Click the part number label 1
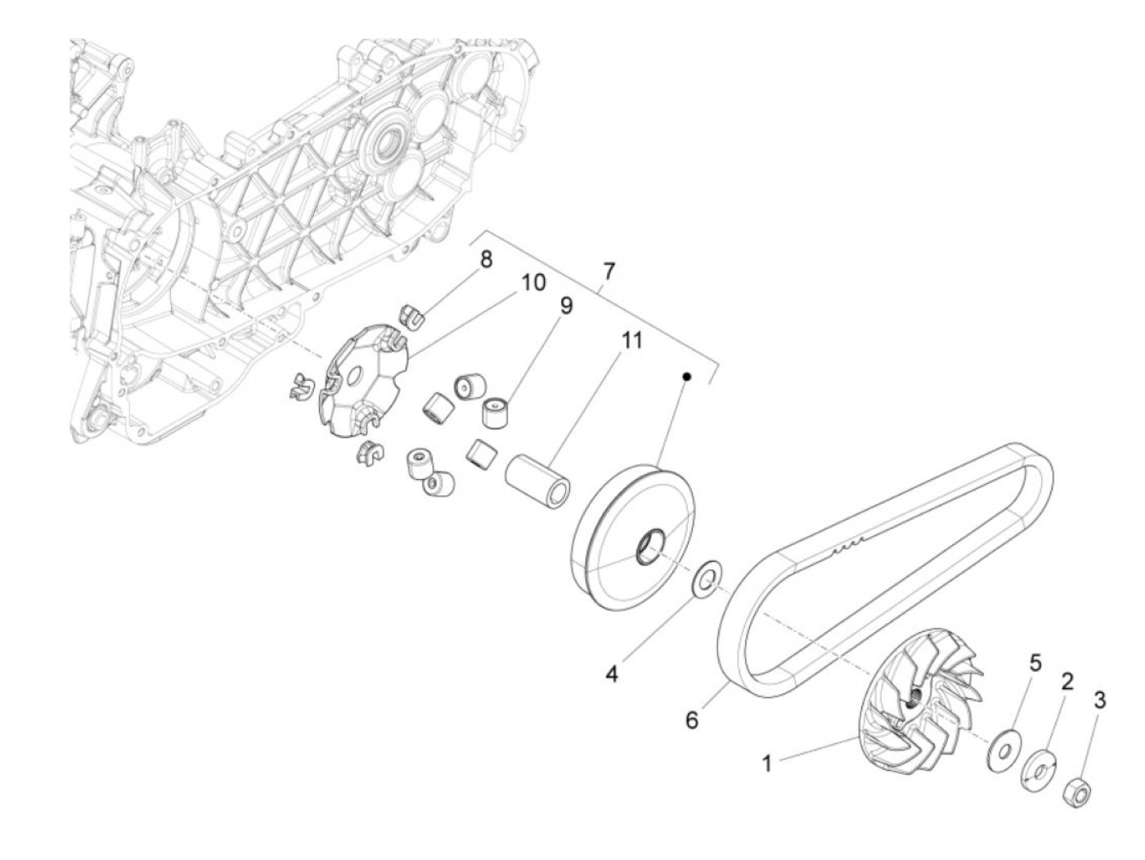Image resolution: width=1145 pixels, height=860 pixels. pyautogui.click(x=767, y=764)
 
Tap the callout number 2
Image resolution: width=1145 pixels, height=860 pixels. pyautogui.click(x=1067, y=680)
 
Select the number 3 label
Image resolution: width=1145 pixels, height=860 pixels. pyautogui.click(x=1100, y=700)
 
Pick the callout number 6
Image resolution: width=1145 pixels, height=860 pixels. pyautogui.click(x=692, y=721)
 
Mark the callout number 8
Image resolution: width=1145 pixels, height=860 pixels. pyautogui.click(x=486, y=260)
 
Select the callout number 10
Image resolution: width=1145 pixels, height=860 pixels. pyautogui.click(x=532, y=282)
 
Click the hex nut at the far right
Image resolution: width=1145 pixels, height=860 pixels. pyautogui.click(x=1075, y=791)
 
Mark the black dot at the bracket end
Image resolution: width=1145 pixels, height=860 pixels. pyautogui.click(x=686, y=377)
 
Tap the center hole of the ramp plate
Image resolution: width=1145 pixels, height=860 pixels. pyautogui.click(x=354, y=377)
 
